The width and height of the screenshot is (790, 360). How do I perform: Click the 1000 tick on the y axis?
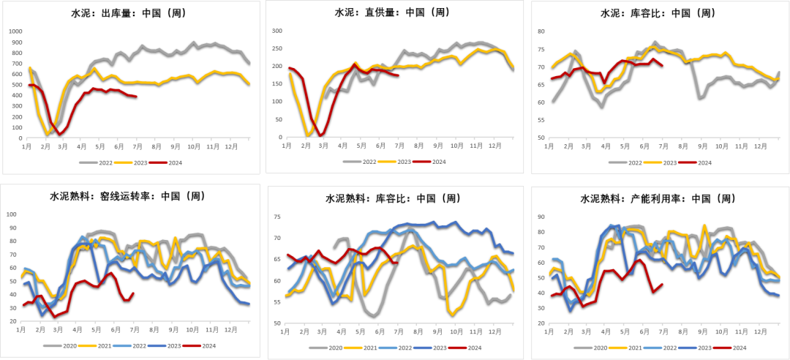15,31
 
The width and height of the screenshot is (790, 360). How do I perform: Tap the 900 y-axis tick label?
15,42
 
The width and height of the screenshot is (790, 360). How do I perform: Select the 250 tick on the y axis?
277,48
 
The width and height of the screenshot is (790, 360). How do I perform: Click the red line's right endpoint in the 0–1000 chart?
136,96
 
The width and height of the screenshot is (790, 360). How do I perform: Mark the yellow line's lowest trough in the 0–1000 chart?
48,133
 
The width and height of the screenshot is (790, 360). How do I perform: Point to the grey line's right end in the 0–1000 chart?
250,63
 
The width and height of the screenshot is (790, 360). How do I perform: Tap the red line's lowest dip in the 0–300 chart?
321,135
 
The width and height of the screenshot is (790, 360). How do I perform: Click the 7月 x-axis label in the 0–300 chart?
399,146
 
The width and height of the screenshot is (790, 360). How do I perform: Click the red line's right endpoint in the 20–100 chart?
133,293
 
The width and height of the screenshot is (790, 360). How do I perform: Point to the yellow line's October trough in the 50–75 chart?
452,315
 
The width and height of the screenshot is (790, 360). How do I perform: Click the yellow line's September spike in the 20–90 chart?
704,225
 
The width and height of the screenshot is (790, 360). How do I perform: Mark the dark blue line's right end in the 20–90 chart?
779,294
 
